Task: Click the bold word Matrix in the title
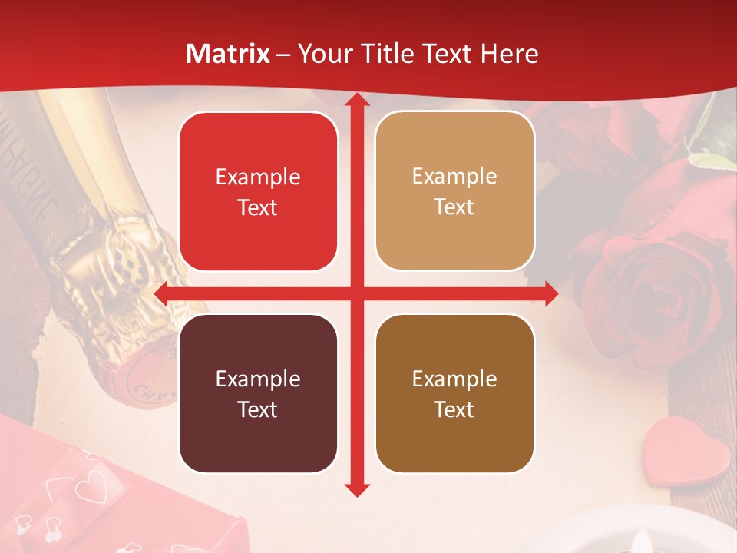228,54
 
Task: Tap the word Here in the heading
509,54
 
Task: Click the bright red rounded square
258,191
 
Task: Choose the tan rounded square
454,191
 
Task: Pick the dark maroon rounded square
258,393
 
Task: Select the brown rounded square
454,393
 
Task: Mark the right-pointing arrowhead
550,294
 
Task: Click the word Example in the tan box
454,177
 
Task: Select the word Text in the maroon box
258,409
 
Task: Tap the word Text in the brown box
454,409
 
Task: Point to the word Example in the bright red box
258,177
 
